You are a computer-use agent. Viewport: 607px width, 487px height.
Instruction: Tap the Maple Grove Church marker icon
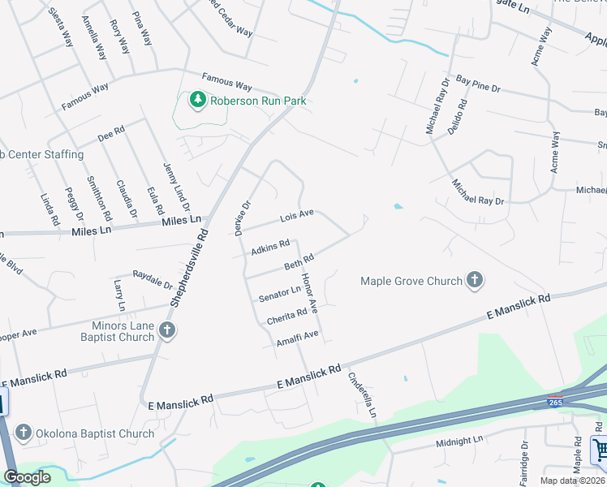pos(475,281)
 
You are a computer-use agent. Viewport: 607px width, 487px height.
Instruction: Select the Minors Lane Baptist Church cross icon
pos(166,330)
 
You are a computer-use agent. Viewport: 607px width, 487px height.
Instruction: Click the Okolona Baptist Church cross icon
pos(24,433)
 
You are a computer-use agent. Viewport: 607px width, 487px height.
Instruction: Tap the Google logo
pos(28,477)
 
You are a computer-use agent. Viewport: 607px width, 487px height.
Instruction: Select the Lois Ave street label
pos(296,217)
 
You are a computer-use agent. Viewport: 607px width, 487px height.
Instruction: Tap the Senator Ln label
pos(279,295)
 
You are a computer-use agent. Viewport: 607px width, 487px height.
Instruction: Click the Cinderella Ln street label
pos(363,395)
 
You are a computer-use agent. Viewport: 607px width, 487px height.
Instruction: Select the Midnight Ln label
pos(459,441)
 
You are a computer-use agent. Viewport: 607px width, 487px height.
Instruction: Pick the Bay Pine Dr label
pos(479,83)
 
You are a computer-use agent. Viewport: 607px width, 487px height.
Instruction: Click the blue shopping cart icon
pos(601,449)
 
